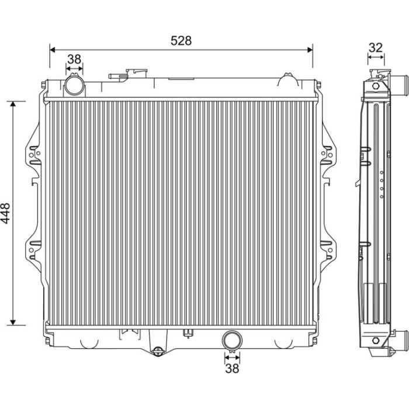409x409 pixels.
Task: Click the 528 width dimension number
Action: (181, 41)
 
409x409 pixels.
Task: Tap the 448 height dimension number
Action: (5, 213)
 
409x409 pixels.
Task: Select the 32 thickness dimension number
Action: (376, 47)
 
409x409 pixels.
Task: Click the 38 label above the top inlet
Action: (74, 60)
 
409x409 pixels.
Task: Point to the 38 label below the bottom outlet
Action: (232, 369)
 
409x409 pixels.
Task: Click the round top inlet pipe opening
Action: (74, 85)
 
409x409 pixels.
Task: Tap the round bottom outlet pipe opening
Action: (232, 340)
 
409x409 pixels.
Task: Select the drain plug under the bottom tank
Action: (157, 351)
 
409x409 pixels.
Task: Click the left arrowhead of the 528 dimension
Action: (52, 50)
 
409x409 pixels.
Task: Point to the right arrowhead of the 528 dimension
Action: (310, 50)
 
